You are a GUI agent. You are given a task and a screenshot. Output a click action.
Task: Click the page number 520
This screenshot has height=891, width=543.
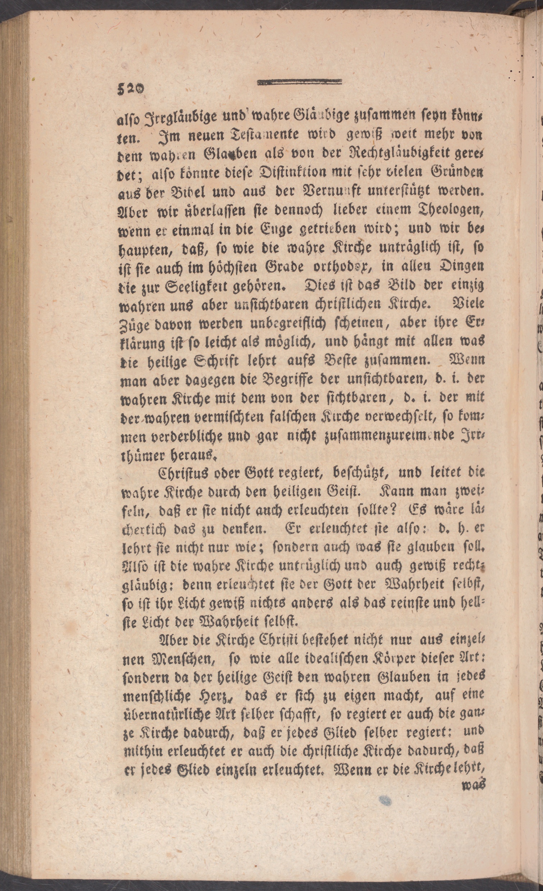click(x=130, y=87)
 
